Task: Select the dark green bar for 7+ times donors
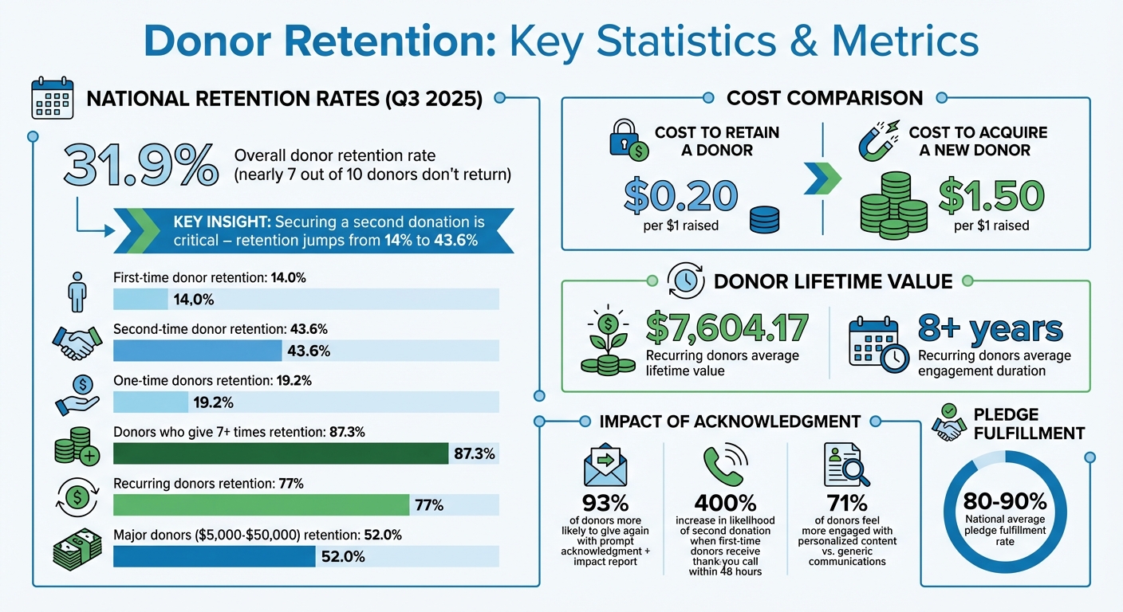(x=281, y=453)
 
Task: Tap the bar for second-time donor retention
(x=198, y=351)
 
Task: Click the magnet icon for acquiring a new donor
(x=877, y=140)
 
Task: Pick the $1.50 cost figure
(x=991, y=195)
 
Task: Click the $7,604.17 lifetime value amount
(x=726, y=328)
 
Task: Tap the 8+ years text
(x=991, y=328)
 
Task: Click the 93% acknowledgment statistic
(x=605, y=503)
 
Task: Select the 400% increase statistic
(x=725, y=503)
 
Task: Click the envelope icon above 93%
(x=605, y=465)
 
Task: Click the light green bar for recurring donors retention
(x=261, y=504)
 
